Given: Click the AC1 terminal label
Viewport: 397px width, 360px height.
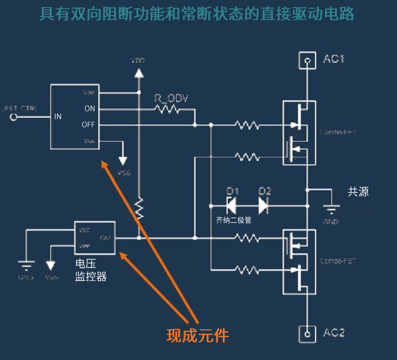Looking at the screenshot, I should click(x=333, y=59).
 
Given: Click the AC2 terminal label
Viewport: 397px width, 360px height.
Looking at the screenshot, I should click(x=333, y=333).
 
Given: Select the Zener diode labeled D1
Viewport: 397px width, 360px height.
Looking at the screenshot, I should click(x=231, y=205).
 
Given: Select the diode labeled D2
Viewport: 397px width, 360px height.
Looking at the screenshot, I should click(x=263, y=205).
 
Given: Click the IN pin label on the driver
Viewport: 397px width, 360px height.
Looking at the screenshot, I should click(x=58, y=116).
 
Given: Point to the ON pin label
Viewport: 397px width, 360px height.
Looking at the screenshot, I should click(x=89, y=108).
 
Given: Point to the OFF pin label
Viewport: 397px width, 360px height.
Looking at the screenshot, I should click(x=88, y=125).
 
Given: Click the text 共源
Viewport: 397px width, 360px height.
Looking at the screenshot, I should click(x=358, y=191).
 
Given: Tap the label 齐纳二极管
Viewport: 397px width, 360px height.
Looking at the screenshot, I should click(x=234, y=220).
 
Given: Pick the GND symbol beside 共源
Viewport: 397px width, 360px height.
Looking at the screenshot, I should click(x=331, y=209).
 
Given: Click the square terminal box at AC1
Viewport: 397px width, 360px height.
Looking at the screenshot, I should click(x=307, y=60).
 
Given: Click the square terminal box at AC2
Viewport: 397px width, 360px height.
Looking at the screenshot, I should click(x=307, y=333).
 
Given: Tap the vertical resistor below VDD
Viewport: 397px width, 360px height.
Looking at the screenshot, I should click(x=139, y=209).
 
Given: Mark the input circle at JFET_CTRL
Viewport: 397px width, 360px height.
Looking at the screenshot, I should click(x=14, y=117).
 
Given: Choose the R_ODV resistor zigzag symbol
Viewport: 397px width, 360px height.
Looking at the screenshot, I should click(x=167, y=109).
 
